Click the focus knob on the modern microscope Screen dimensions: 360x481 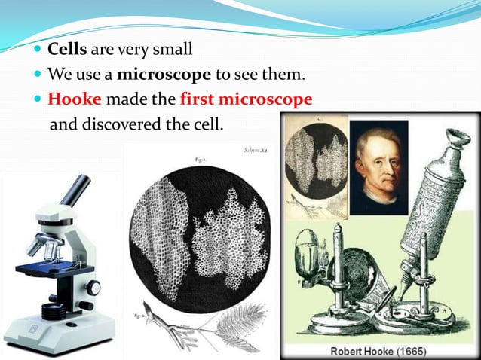(93, 288)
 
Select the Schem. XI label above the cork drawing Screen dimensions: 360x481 (256, 151)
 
